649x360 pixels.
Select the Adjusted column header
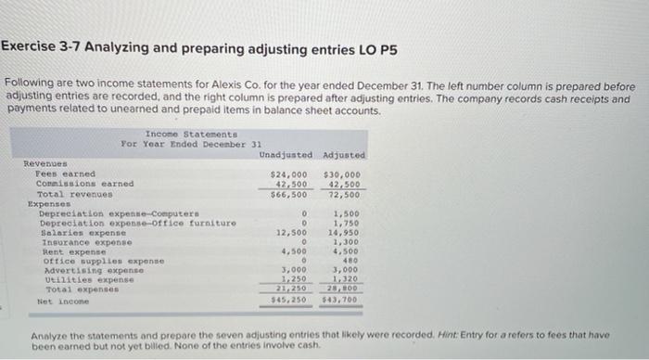(x=343, y=155)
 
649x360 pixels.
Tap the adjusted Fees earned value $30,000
(x=343, y=174)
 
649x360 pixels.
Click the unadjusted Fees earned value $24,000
(x=288, y=174)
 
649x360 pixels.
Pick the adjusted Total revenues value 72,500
(x=346, y=194)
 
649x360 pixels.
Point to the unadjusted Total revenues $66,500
(x=288, y=194)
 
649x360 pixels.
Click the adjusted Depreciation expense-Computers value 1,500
(x=348, y=213)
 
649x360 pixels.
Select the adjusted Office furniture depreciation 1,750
(x=348, y=223)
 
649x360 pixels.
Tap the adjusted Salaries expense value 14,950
(x=346, y=232)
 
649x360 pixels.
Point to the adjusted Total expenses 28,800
(x=346, y=289)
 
